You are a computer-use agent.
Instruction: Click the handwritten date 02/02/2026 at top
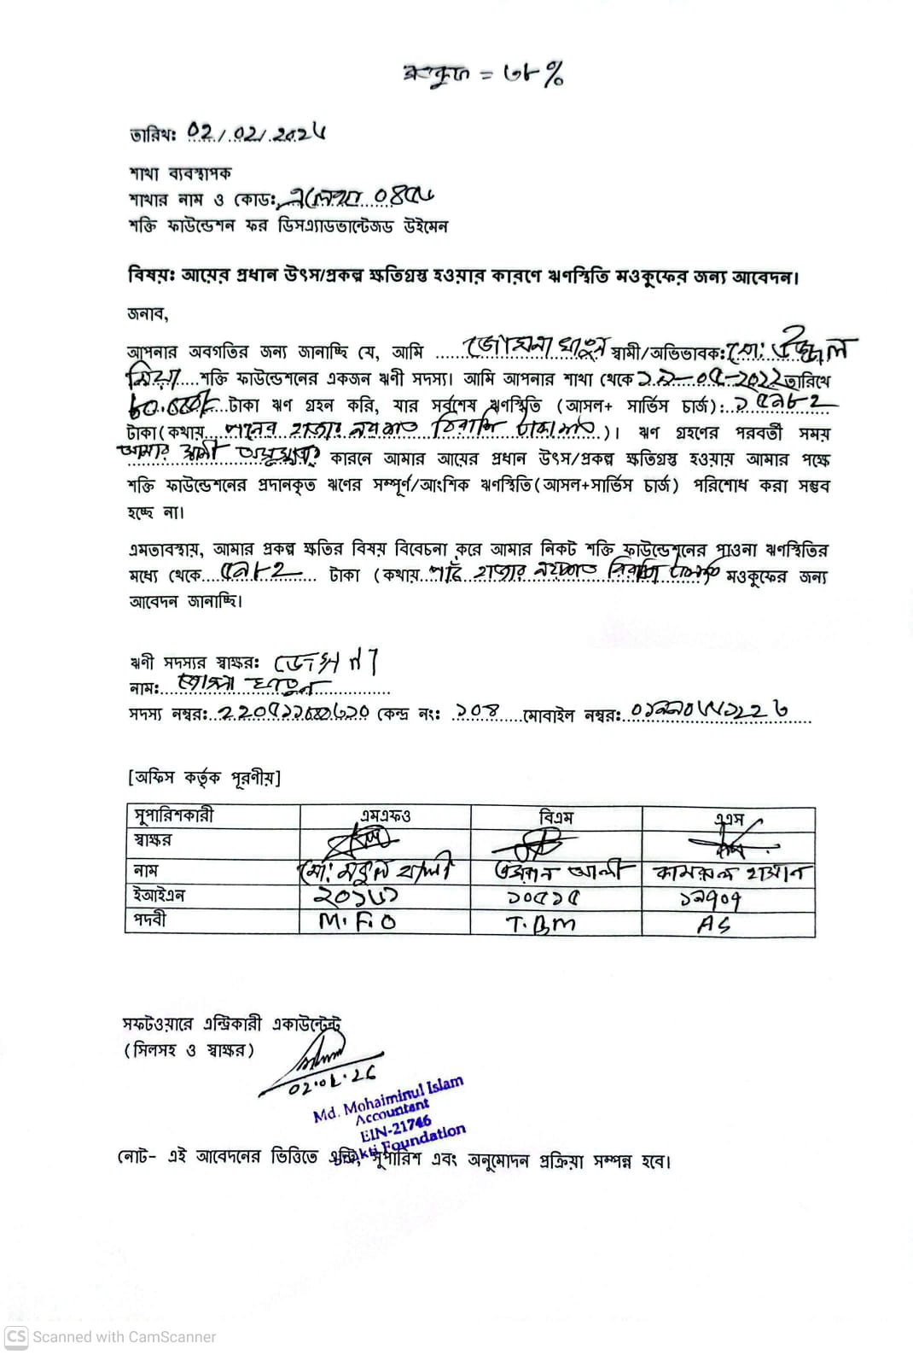click(256, 132)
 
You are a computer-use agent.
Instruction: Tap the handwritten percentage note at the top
click(483, 75)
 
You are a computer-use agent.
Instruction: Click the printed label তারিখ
click(153, 135)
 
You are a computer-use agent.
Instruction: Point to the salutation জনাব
click(148, 313)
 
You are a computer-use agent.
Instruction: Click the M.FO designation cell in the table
click(358, 921)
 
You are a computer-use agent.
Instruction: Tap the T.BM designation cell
click(540, 923)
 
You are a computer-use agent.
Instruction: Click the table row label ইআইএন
click(159, 896)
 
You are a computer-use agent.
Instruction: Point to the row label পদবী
click(150, 920)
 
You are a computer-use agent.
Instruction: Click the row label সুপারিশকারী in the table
click(173, 815)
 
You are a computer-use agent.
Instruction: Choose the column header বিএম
click(555, 817)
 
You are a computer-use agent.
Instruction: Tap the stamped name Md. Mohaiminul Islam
click(388, 1099)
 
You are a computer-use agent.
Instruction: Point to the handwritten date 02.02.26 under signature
click(333, 1082)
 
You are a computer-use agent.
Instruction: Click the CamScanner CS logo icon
click(16, 1336)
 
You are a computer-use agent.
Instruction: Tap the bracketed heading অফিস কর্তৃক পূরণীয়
click(204, 777)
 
